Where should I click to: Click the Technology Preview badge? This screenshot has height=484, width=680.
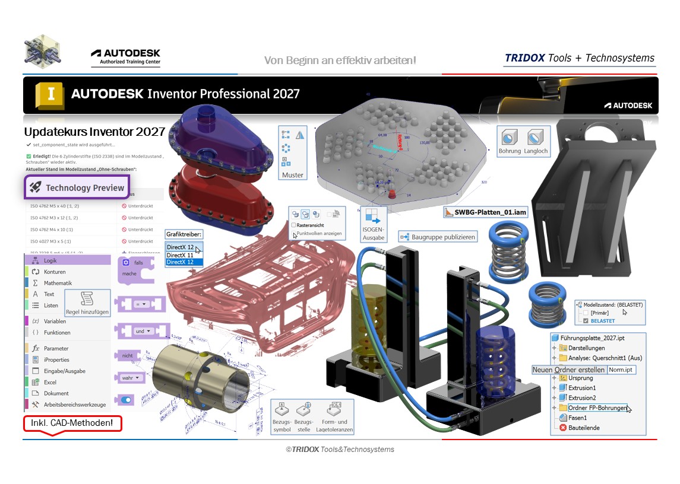(76, 187)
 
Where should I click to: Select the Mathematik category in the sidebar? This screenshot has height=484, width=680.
(58, 283)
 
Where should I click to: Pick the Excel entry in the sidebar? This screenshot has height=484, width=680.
(50, 382)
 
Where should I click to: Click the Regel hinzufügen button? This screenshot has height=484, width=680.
(87, 302)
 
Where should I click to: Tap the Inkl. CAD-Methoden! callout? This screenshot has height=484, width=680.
(72, 423)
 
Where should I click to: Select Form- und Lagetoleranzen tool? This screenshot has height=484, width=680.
(334, 416)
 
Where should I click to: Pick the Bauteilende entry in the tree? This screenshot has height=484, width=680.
(583, 427)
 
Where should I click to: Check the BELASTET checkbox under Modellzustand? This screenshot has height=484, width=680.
(587, 321)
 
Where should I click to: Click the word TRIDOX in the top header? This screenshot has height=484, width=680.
(524, 58)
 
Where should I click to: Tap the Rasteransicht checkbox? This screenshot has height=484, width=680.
(294, 225)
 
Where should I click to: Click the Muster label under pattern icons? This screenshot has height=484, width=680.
(292, 175)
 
